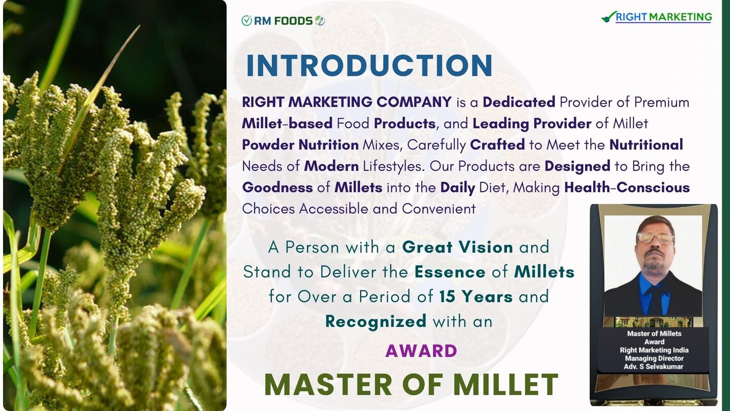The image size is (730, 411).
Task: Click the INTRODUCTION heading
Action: (369, 65)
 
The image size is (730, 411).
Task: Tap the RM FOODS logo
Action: (283, 21)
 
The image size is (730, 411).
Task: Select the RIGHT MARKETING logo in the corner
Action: (656, 17)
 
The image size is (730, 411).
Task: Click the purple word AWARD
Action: (421, 351)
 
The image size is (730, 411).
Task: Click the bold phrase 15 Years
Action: (476, 296)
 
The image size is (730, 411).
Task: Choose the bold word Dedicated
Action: (519, 102)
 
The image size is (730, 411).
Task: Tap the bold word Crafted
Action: (497, 145)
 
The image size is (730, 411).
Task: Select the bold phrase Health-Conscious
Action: (627, 187)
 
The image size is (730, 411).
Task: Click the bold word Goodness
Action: (277, 188)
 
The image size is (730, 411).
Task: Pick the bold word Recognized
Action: (376, 321)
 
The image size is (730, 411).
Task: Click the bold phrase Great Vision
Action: (458, 247)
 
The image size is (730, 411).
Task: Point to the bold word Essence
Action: (450, 272)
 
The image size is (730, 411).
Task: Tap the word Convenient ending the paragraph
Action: (439, 209)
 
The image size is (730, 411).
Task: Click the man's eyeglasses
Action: (655, 238)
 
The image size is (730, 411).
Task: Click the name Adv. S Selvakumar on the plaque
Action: (653, 367)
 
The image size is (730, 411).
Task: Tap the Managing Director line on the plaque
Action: (654, 358)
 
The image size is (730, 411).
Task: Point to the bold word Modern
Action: (332, 166)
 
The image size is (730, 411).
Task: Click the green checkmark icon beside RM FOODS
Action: (247, 21)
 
